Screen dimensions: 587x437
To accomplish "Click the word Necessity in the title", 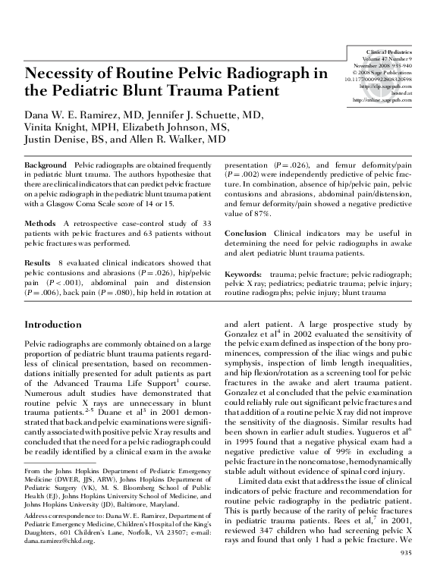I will click(62, 74).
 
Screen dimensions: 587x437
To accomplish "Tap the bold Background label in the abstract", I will click(46, 165).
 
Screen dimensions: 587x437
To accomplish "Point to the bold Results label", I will click(38, 262).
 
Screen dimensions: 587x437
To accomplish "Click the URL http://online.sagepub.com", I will click(382, 99).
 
